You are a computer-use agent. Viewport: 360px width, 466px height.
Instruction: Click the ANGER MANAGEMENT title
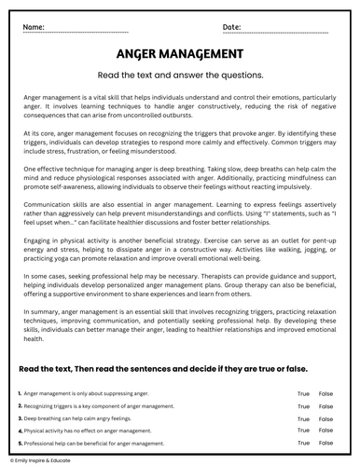(180, 56)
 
